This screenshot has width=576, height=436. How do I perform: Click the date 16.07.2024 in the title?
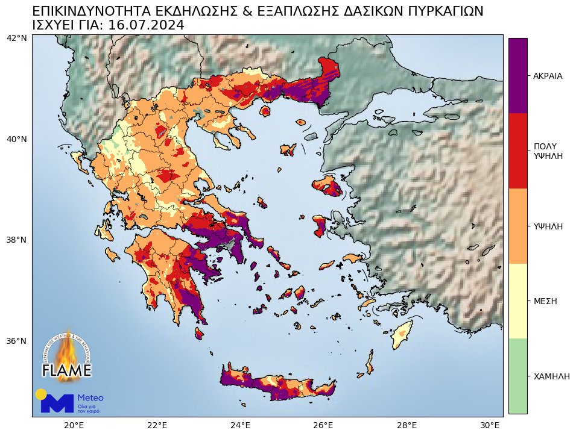(x=147, y=25)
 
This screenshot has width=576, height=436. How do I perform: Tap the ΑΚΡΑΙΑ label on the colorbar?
(x=548, y=76)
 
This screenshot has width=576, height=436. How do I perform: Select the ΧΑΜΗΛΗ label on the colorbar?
(x=551, y=376)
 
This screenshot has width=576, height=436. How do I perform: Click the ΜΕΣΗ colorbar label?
(x=545, y=301)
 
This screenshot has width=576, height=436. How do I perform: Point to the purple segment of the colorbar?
(x=517, y=75)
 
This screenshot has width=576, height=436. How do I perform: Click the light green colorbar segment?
(x=517, y=376)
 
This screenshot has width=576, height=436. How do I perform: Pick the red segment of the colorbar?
(x=517, y=151)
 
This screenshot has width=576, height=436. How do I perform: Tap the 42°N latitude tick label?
(x=16, y=39)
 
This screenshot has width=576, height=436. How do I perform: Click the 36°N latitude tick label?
(x=16, y=341)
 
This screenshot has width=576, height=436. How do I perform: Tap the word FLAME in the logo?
(x=66, y=370)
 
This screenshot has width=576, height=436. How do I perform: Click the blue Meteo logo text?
(x=90, y=398)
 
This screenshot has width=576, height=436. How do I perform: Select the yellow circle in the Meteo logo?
(x=41, y=394)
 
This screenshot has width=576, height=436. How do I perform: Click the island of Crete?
(x=283, y=385)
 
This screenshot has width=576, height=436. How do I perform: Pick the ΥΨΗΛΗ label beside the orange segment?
(x=548, y=226)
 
